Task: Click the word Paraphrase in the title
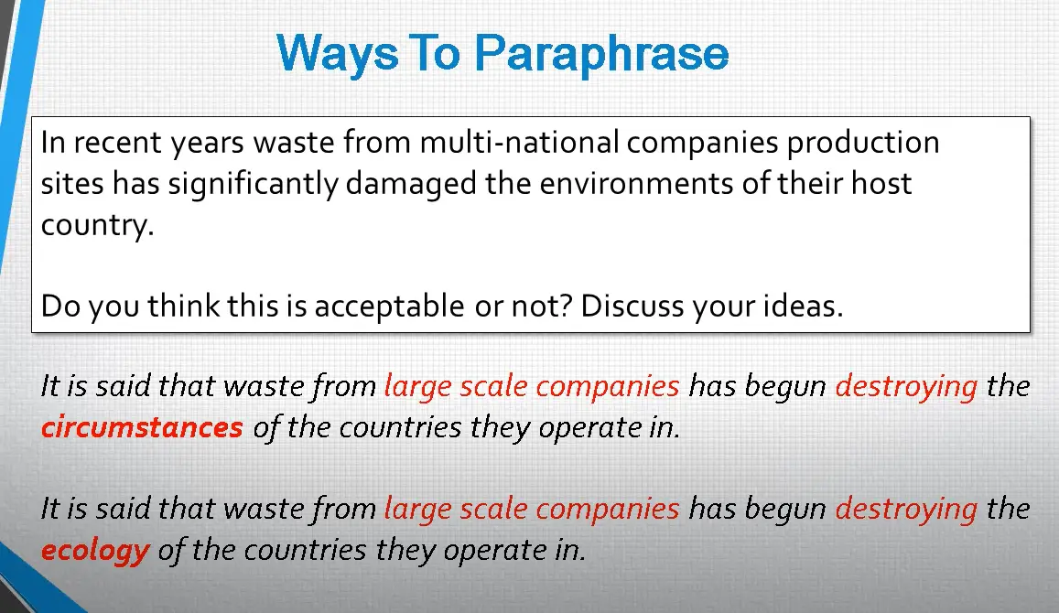601,54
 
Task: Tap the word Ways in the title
337,54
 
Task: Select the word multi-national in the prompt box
519,143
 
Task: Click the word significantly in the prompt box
253,185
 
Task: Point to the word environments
636,184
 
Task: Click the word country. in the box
97,225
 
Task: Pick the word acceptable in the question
390,306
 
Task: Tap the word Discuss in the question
630,306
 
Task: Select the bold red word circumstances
142,427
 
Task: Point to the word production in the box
863,143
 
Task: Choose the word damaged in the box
411,184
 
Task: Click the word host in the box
881,183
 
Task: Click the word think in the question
184,306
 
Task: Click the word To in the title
436,54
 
